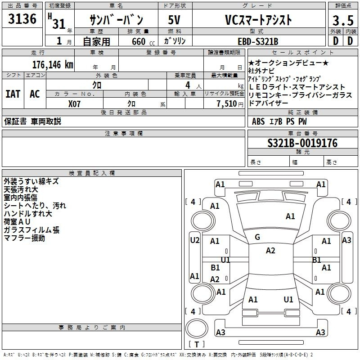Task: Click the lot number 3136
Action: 22,18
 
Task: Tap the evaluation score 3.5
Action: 343,20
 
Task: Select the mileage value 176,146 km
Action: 53,64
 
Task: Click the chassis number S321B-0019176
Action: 302,143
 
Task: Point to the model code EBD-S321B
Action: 258,41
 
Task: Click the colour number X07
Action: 74,104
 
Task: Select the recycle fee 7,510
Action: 226,103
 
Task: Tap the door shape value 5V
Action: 174,20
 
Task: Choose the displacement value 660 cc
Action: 143,41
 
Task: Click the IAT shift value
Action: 13,94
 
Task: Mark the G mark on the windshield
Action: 257,237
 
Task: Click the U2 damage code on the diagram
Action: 195,240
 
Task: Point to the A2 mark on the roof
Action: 270,251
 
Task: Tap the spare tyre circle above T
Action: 197,328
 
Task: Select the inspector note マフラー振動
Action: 24,238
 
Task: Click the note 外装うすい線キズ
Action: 31,181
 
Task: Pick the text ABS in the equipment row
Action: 258,121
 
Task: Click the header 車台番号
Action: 303,133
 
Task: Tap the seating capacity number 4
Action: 188,85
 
